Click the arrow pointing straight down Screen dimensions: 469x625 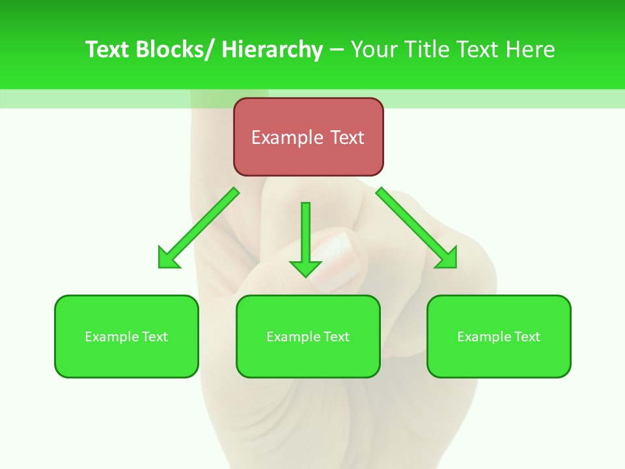[x=305, y=238]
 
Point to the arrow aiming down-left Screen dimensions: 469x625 [x=199, y=228]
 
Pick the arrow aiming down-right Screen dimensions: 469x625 [x=417, y=228]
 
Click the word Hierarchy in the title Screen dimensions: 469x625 [x=272, y=50]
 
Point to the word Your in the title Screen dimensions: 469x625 [x=374, y=50]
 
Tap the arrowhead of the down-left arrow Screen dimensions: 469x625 [x=169, y=258]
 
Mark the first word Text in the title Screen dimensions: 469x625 [x=108, y=50]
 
